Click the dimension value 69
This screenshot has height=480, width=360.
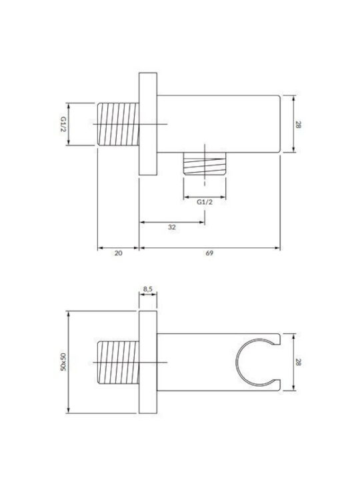pos(209,253)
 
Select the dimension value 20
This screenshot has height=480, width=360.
pos(118,253)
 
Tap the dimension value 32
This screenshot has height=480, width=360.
pos(172,227)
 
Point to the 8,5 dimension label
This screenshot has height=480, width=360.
pos(148,289)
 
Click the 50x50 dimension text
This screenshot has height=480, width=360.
pos(63,362)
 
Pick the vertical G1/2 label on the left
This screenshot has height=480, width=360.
pos(63,124)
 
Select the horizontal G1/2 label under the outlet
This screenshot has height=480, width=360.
pos(205,202)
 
